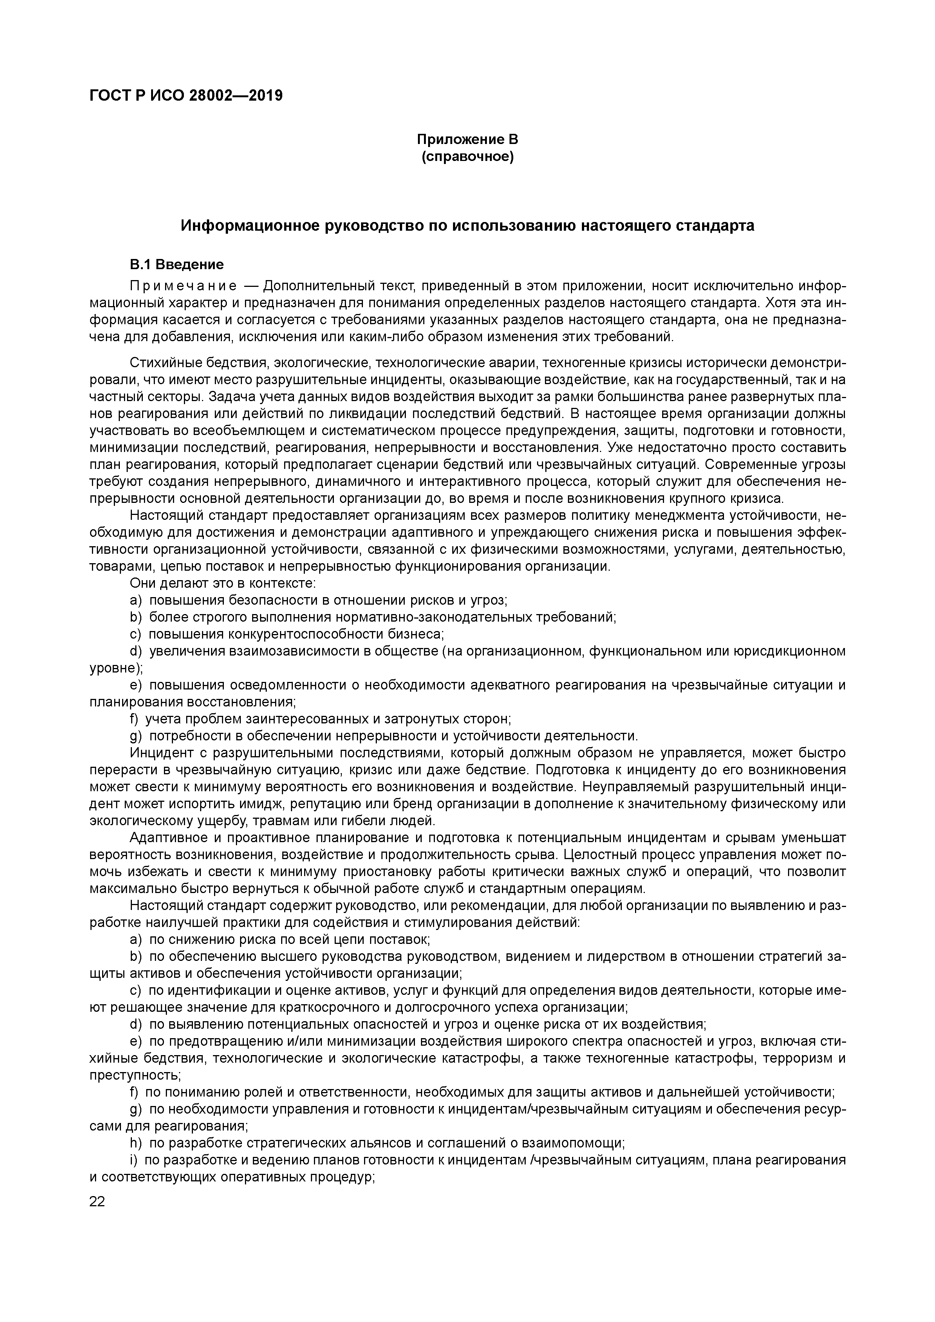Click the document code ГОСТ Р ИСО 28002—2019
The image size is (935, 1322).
coord(186,96)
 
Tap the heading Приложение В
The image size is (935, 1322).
coord(467,139)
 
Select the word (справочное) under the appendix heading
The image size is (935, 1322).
coord(467,156)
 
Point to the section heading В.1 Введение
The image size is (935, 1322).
coord(176,265)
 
